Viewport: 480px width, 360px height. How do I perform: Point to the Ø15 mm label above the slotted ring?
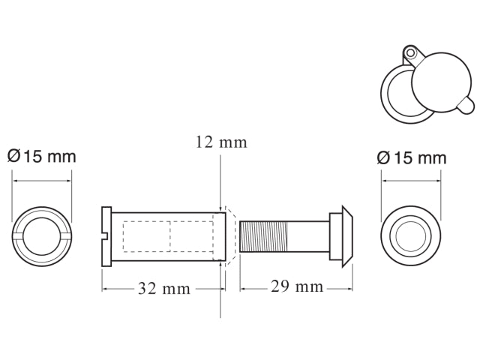(x=42, y=157)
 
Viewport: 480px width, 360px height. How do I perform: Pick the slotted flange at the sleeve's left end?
(x=106, y=235)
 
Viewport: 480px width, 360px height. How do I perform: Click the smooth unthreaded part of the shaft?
(x=307, y=235)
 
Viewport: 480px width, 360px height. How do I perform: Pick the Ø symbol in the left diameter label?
(x=13, y=157)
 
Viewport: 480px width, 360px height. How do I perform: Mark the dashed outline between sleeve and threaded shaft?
(x=231, y=235)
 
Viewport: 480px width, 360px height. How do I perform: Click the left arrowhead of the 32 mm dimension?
(x=104, y=288)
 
